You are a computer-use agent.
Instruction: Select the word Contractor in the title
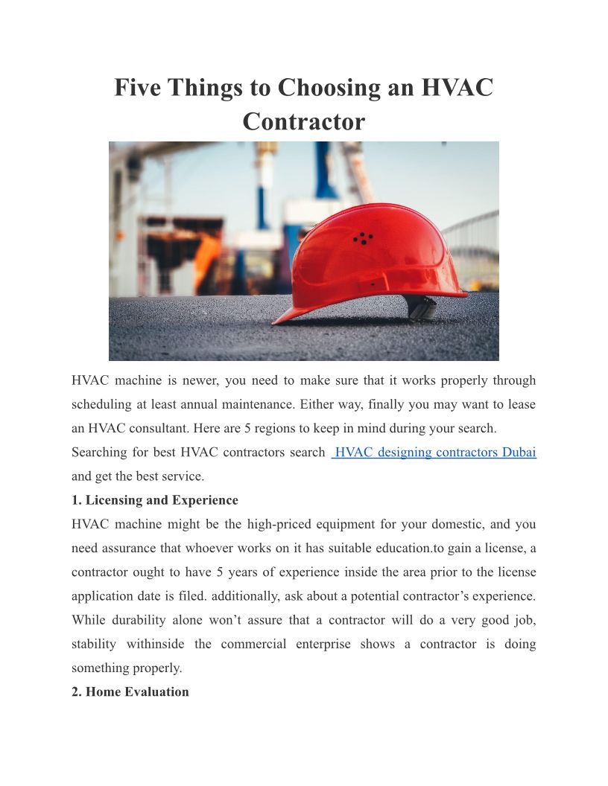pyautogui.click(x=304, y=121)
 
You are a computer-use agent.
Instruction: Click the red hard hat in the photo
pyautogui.click(x=373, y=257)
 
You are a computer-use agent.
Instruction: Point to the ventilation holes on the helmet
pyautogui.click(x=363, y=239)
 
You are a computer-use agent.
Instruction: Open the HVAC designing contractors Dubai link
pyautogui.click(x=435, y=453)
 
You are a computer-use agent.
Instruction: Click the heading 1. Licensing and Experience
pyautogui.click(x=155, y=500)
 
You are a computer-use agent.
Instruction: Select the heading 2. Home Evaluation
pyautogui.click(x=130, y=692)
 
